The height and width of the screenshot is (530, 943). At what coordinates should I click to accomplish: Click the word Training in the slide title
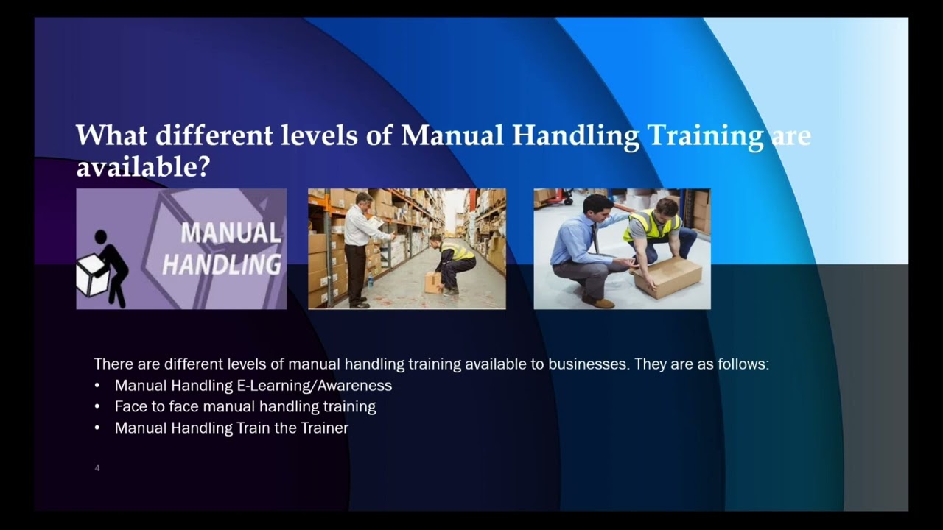(704, 137)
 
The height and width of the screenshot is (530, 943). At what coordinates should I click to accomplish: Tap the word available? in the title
(143, 167)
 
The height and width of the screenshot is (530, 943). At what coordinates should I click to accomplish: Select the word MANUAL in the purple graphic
(231, 233)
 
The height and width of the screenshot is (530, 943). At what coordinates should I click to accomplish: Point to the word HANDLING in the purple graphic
(222, 264)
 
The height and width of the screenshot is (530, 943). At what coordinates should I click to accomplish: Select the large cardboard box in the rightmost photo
(667, 276)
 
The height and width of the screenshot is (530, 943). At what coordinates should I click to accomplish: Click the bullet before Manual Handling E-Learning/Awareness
(97, 386)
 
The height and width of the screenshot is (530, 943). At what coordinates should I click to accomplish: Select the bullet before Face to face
(97, 407)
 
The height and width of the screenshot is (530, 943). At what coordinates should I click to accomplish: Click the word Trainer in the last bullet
(324, 428)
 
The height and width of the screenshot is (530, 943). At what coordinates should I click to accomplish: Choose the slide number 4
(97, 468)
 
